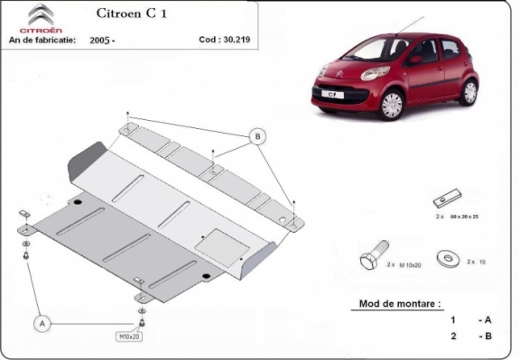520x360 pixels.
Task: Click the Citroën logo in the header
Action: click(42, 17)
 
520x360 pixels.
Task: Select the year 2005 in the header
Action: click(101, 41)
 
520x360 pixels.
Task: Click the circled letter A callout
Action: click(42, 321)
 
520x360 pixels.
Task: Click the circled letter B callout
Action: click(257, 137)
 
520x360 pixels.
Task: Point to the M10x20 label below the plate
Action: click(129, 337)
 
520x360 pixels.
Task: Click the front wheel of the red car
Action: click(390, 105)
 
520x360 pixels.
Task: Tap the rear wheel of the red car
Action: click(469, 91)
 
